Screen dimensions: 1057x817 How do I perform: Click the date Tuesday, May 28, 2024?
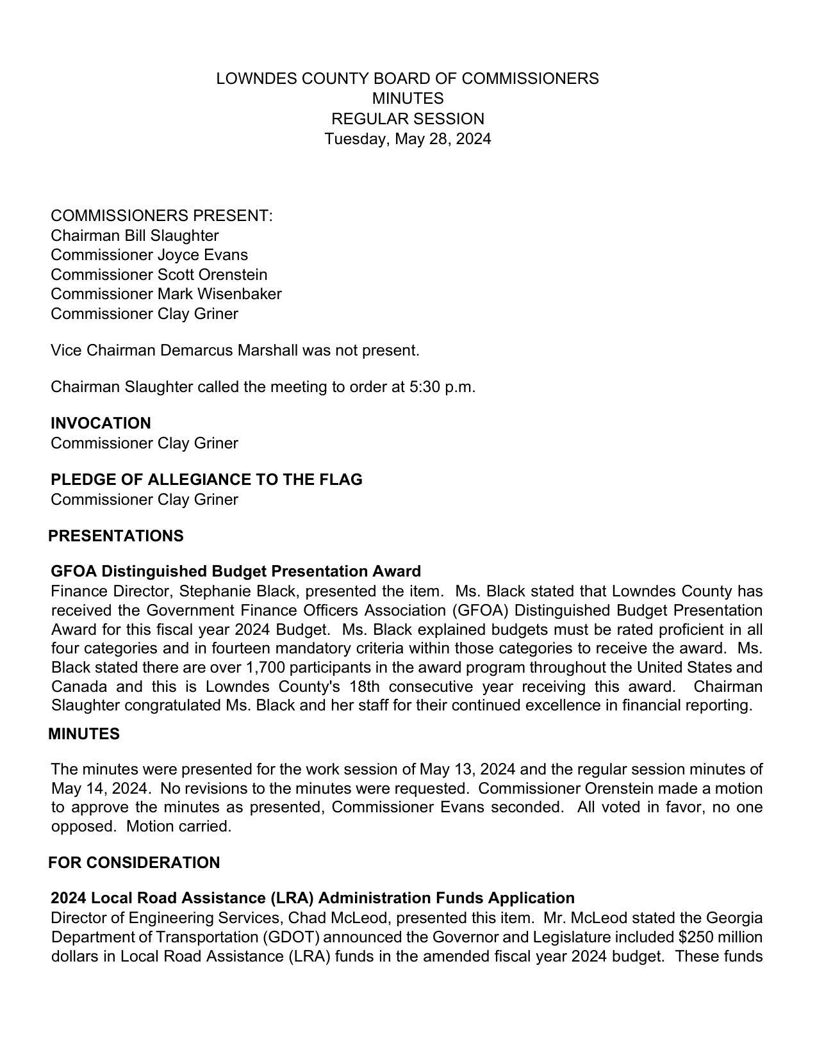(x=408, y=139)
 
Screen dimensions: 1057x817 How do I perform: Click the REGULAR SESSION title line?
(x=408, y=119)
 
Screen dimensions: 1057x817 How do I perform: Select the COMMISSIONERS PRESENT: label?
(x=161, y=216)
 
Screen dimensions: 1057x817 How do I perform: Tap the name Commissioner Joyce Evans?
(x=149, y=255)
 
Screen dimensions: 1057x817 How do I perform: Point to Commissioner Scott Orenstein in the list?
(x=159, y=275)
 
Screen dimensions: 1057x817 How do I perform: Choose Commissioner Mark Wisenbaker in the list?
(x=166, y=294)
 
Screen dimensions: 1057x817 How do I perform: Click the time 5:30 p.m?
(x=442, y=387)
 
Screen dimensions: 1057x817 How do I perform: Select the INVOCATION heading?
(x=101, y=423)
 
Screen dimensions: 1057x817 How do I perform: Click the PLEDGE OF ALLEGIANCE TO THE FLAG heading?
(x=206, y=480)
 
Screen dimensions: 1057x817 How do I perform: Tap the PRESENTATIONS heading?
(x=116, y=536)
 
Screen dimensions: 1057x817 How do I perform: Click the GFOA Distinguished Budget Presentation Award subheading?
(x=236, y=571)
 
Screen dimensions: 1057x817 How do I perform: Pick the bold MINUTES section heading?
(x=84, y=734)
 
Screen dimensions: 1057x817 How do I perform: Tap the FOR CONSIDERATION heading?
(x=134, y=863)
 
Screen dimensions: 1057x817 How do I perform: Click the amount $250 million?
(x=720, y=937)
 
